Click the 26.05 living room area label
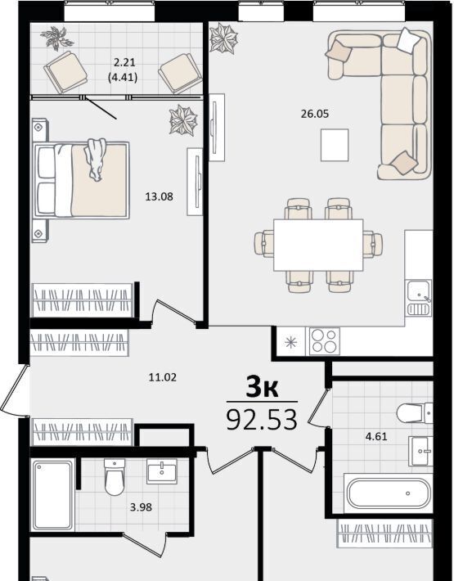coord(314,114)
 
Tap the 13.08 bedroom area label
coord(159,196)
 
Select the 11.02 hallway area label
coord(163,377)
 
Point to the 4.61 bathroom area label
coord(376,436)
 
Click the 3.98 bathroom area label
coord(141,507)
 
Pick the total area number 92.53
coord(262,420)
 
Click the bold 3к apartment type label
coord(263,388)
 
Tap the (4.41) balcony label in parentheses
coord(123,78)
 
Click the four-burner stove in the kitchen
coord(325,341)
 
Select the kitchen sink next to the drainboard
coord(419,291)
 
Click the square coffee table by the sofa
coord(335,145)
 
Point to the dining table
coord(318,245)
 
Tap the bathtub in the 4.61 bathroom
coord(389,493)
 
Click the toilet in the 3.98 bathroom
coord(115,477)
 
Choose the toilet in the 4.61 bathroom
coord(415,412)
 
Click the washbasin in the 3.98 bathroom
coord(162,471)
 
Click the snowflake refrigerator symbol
coord(290,342)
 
